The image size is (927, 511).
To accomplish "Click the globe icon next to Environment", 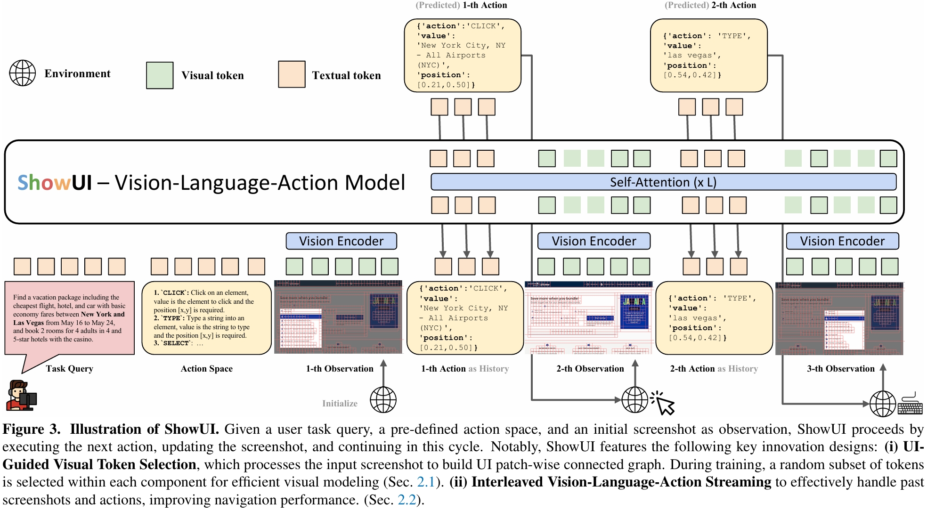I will (23, 73).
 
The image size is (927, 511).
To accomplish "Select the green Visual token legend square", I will (160, 75).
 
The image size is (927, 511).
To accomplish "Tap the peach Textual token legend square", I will (292, 74).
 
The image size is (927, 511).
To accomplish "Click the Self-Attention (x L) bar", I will (663, 182).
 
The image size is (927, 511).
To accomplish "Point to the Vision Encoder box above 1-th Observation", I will (341, 241).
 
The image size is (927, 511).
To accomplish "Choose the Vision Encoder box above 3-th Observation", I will (842, 241).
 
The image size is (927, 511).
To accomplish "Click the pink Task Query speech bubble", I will (69, 318).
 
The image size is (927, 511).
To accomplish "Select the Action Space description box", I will (206, 318).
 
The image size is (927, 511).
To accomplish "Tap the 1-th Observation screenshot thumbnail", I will (338, 317).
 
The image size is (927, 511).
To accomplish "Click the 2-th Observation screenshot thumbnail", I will (589, 317).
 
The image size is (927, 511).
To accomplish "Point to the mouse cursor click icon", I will (664, 403).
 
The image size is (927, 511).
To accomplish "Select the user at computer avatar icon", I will (21, 396).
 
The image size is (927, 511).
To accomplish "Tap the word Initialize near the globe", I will (340, 404).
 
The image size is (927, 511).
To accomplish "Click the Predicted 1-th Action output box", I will (462, 56).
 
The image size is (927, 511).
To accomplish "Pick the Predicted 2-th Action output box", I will (708, 56).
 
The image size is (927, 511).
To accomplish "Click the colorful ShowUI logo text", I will (55, 183).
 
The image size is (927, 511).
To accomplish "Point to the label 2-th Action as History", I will (714, 369).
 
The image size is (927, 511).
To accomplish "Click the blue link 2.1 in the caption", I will (425, 482).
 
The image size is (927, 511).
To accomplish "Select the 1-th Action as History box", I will (464, 318).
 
